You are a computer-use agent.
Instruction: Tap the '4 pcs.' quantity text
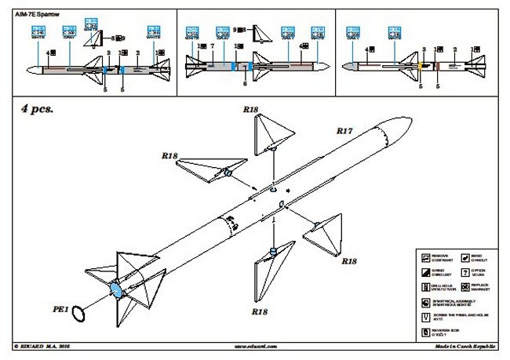38,110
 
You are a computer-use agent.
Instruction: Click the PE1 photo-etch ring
79,315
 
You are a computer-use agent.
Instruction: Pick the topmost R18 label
250,111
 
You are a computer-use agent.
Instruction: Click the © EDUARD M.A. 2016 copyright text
47,344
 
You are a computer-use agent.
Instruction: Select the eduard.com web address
251,344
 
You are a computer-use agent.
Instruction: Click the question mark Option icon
466,272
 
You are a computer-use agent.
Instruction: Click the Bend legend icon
466,256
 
